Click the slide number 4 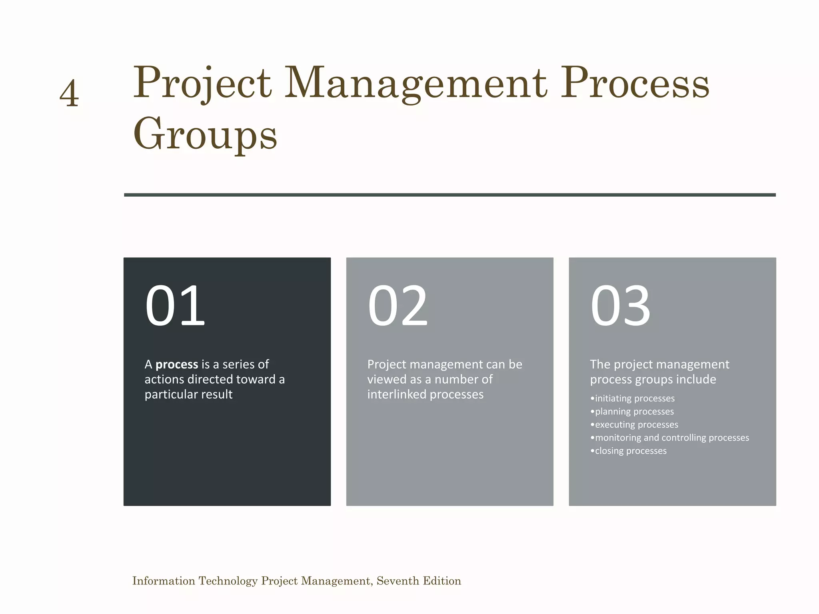69,93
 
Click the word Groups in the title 205,134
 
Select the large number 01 175,306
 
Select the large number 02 398,306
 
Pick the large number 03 620,306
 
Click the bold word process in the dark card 177,365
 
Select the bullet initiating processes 633,399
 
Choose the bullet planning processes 632,412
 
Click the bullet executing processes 634,425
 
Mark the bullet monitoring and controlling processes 670,438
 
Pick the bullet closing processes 629,451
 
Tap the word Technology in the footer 228,581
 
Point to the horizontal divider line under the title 449,195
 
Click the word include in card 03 696,379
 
